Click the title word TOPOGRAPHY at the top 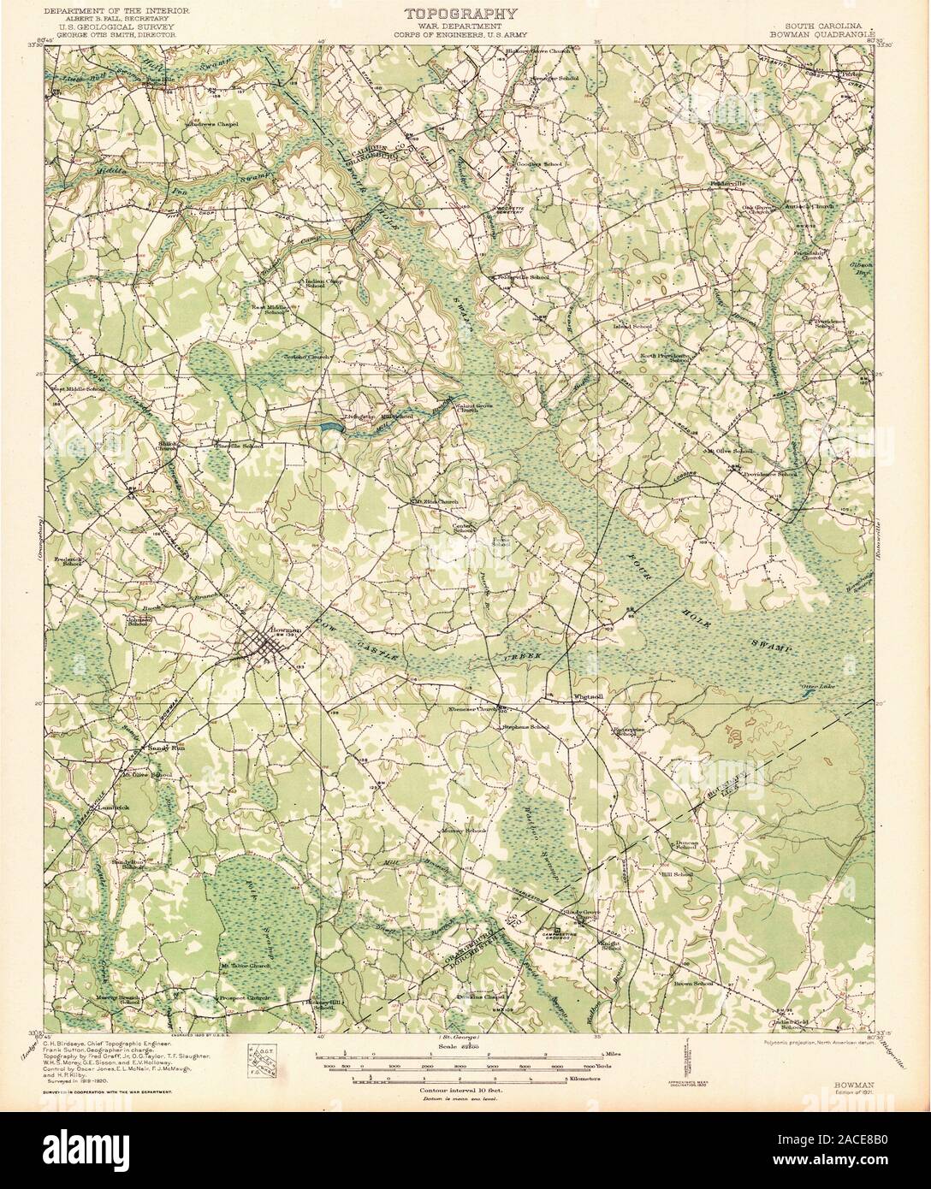pyautogui.click(x=460, y=13)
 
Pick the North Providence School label pyautogui.click(x=667, y=358)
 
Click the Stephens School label pyautogui.click(x=525, y=727)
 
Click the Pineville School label pyautogui.click(x=240, y=447)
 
